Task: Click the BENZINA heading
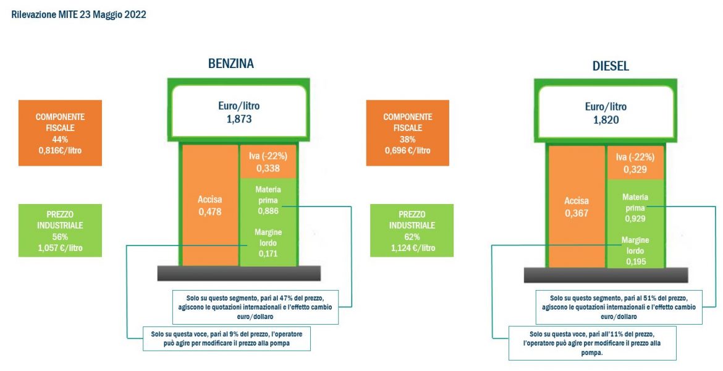pyautogui.click(x=231, y=64)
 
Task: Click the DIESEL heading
pyautogui.click(x=611, y=66)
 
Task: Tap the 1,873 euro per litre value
pyautogui.click(x=239, y=119)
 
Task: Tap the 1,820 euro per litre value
pyautogui.click(x=606, y=120)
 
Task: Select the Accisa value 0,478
pyautogui.click(x=210, y=212)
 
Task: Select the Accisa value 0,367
pyautogui.click(x=577, y=213)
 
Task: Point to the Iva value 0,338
pyautogui.click(x=268, y=168)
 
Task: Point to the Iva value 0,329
pyautogui.click(x=635, y=169)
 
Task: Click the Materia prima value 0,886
pyautogui.click(x=268, y=211)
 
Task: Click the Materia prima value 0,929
pyautogui.click(x=635, y=219)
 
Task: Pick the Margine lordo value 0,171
pyautogui.click(x=268, y=254)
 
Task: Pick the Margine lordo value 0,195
pyautogui.click(x=635, y=262)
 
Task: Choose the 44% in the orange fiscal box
pyautogui.click(x=61, y=139)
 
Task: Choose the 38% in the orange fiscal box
pyautogui.click(x=408, y=139)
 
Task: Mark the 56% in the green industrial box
pyautogui.click(x=60, y=237)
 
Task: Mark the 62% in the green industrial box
pyautogui.click(x=412, y=237)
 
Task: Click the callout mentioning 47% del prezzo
pyautogui.click(x=256, y=307)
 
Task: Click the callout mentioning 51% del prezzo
pyautogui.click(x=619, y=307)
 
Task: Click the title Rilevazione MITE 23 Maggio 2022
pyautogui.click(x=79, y=15)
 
